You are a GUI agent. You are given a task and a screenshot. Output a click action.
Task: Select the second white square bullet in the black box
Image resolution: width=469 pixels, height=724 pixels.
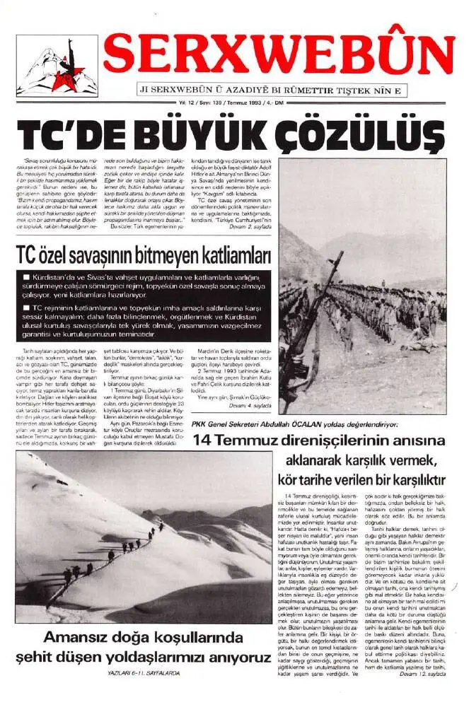tap(26, 309)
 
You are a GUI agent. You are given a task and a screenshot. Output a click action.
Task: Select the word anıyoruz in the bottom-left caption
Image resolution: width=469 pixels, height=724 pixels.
tap(231, 657)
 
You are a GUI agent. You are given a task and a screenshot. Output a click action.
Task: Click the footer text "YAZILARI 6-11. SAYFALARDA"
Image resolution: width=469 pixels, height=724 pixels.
tap(141, 674)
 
